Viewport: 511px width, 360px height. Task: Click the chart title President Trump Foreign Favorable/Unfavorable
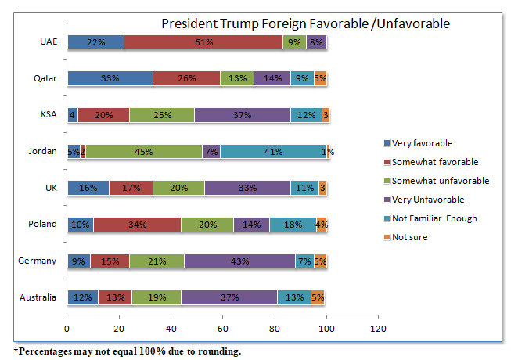click(x=305, y=23)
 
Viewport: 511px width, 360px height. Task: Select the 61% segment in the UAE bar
click(x=203, y=42)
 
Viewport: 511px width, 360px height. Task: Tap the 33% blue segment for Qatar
click(x=110, y=78)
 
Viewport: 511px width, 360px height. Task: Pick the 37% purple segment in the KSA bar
click(x=243, y=115)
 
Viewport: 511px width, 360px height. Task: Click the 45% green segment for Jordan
click(x=144, y=151)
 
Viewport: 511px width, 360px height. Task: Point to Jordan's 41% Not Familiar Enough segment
click(x=274, y=151)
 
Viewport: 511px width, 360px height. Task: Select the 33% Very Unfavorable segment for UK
click(x=247, y=188)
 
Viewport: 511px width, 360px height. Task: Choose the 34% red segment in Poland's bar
click(x=137, y=224)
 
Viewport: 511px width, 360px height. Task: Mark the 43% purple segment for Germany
click(x=239, y=261)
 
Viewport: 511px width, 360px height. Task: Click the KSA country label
click(x=48, y=115)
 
